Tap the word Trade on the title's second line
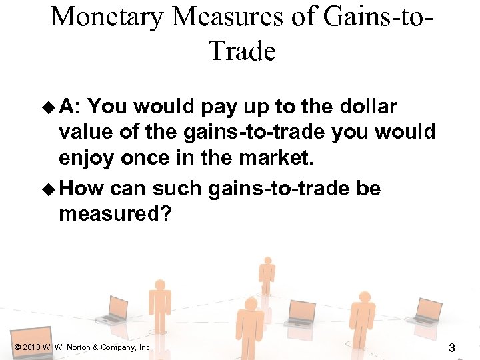241,51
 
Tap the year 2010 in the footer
30,347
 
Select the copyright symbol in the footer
17,347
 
